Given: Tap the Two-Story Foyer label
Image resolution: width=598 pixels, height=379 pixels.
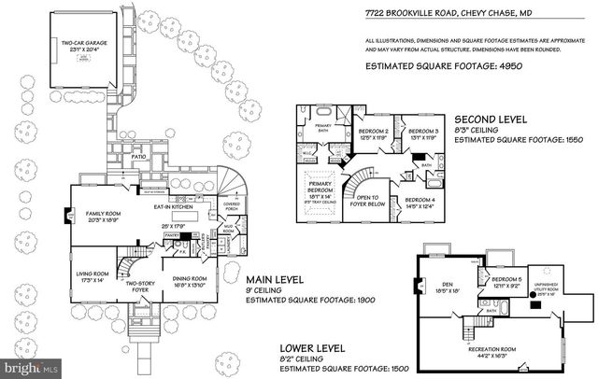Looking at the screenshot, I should tap(140, 287).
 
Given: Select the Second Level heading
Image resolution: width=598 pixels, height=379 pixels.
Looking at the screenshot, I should tap(490, 120).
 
